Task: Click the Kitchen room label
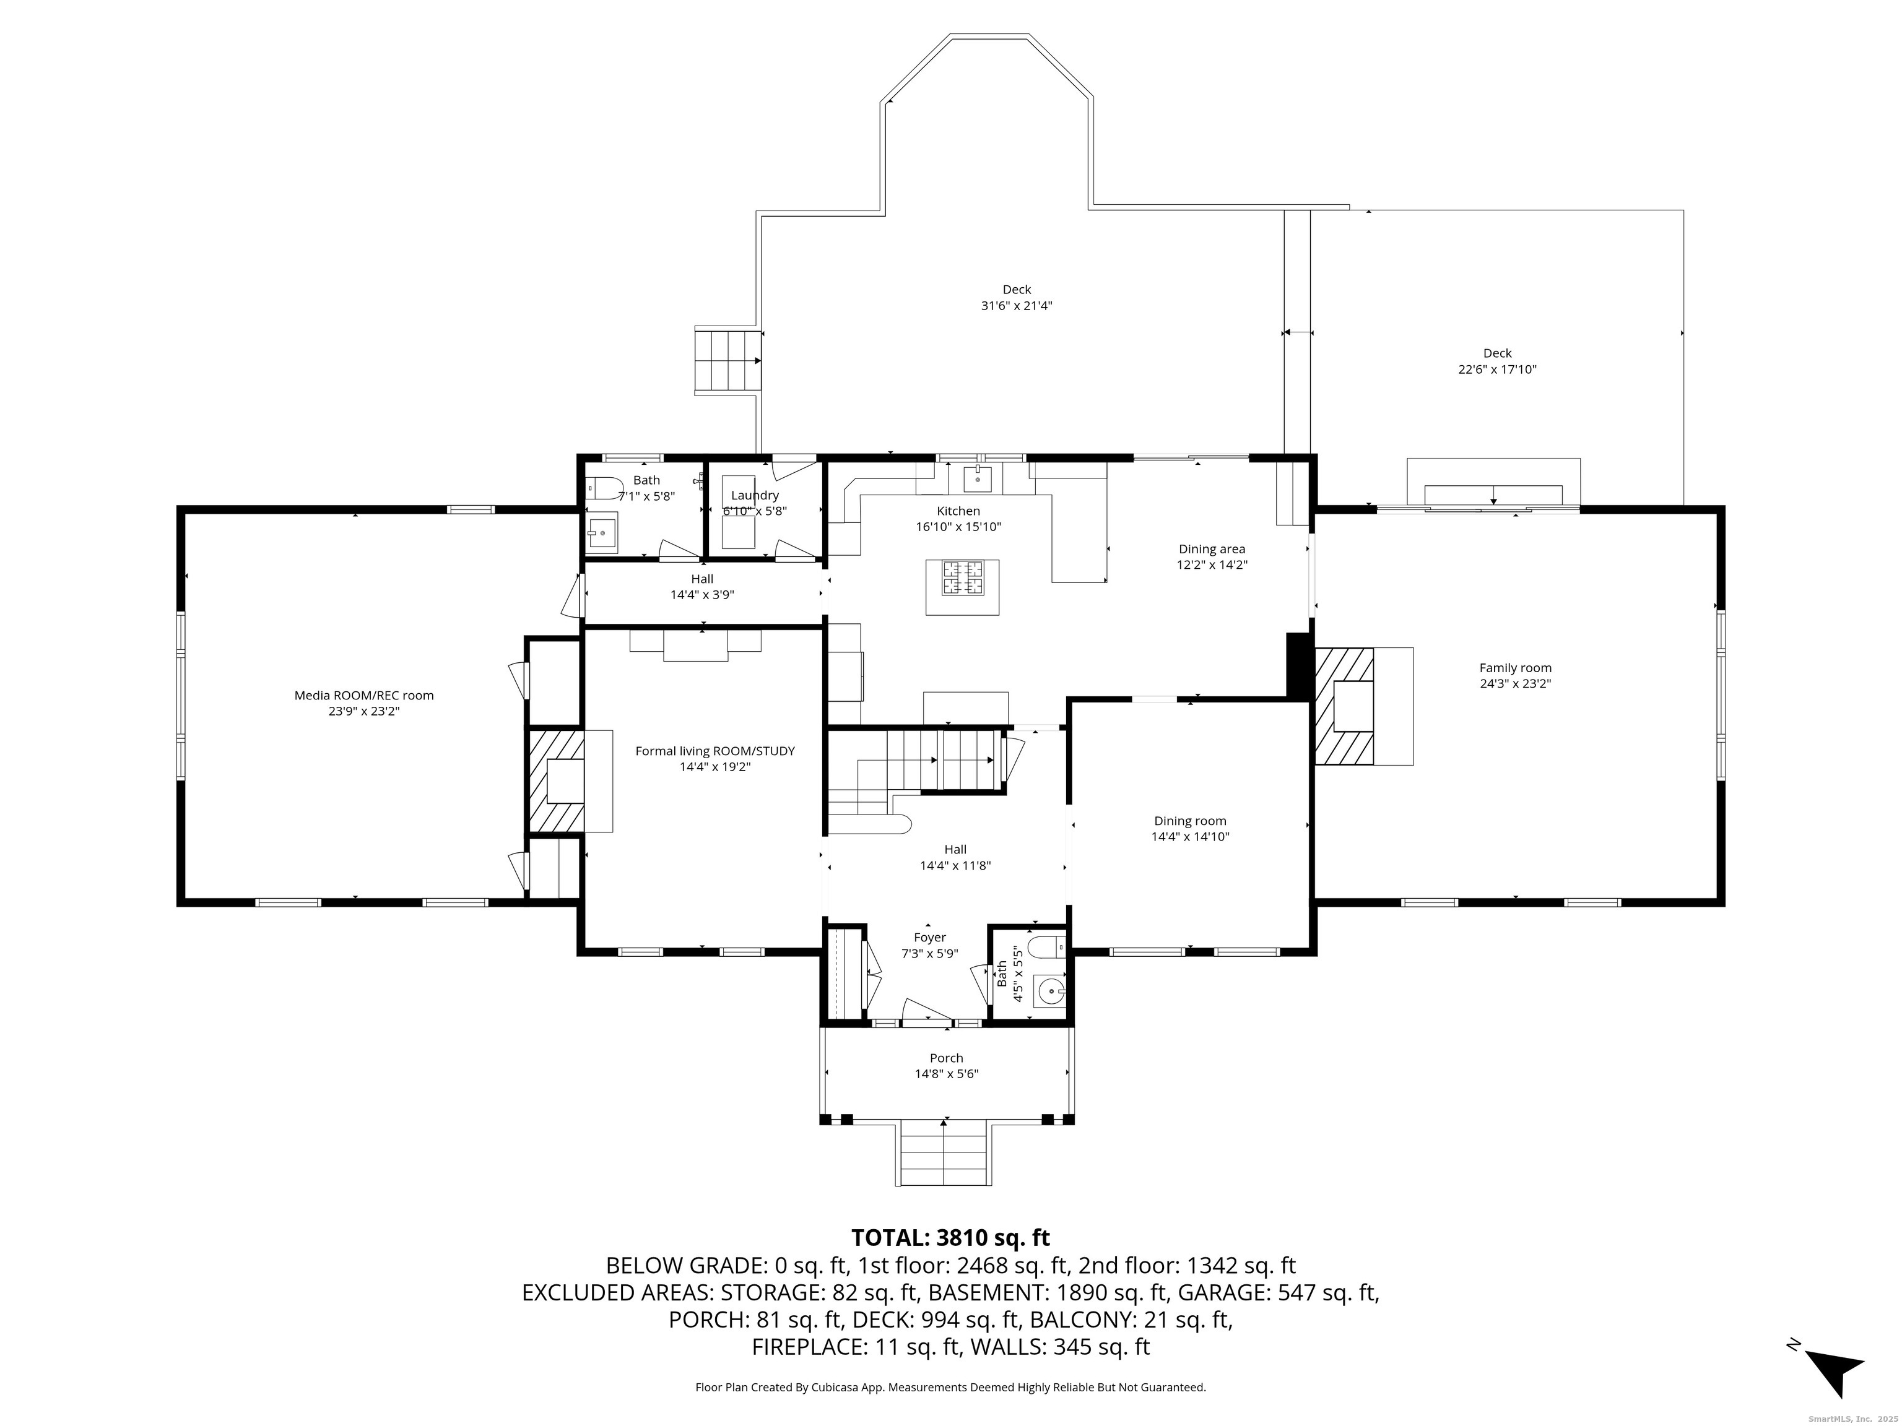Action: tap(958, 511)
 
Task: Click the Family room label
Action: tap(1515, 668)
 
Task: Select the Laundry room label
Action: tap(755, 495)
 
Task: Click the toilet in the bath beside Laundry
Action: tap(604, 489)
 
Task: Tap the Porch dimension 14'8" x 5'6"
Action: tap(947, 1074)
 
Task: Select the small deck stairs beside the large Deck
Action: tap(727, 360)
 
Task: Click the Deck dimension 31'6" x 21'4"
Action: tap(1017, 305)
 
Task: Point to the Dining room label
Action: tap(1190, 821)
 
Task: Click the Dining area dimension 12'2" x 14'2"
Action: tap(1212, 564)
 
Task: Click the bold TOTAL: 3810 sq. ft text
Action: tap(950, 1238)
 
